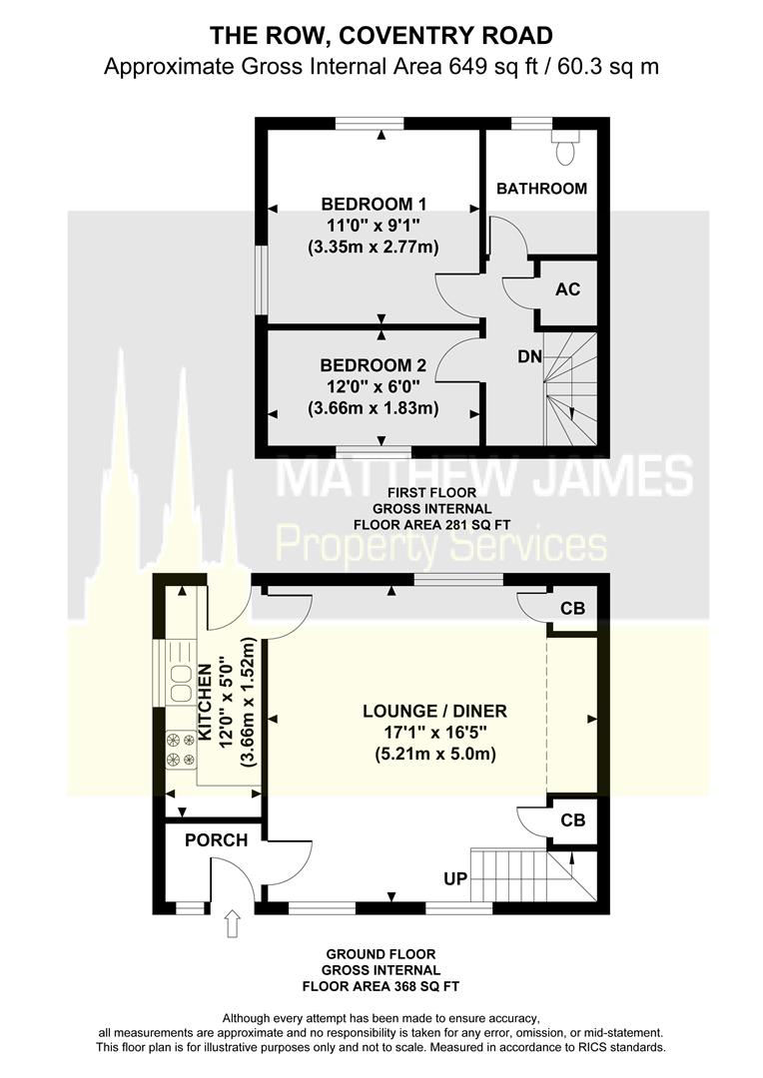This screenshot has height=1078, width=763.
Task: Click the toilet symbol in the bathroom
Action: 565,147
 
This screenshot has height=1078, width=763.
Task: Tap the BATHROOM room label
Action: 541,189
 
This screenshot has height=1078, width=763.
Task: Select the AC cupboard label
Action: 567,289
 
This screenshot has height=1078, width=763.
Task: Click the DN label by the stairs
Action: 529,356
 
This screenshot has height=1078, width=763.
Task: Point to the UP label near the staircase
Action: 455,878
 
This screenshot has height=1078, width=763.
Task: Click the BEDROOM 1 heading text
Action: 374,205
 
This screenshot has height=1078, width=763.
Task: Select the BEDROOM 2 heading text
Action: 373,365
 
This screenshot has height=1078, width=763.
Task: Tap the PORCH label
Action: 216,840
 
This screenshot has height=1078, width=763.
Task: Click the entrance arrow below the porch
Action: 233,924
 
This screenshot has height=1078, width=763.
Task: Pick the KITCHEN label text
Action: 205,703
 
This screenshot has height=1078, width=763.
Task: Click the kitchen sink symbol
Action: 181,683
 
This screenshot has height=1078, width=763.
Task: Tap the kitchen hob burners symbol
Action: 181,750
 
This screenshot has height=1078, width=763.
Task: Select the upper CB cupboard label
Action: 572,609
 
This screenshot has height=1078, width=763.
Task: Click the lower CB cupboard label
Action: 572,820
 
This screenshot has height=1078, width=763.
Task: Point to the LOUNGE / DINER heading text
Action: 434,711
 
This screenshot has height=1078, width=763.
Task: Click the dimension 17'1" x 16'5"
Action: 434,733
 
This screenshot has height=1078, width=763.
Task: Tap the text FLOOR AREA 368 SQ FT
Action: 381,987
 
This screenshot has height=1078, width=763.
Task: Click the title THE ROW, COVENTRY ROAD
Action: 381,35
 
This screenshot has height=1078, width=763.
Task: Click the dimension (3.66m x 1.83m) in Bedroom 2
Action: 373,407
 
